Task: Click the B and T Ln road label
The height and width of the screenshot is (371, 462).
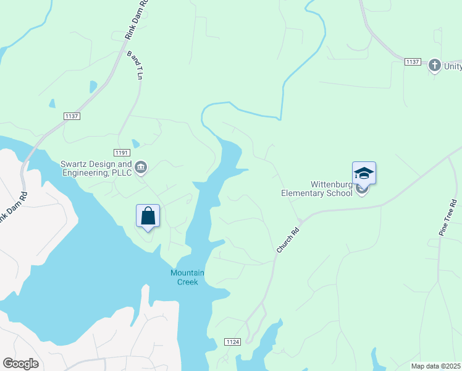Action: (135, 66)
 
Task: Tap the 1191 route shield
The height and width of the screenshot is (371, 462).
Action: (122, 152)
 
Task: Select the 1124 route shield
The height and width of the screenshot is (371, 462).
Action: (232, 342)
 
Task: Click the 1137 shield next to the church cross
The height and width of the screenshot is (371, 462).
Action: (413, 62)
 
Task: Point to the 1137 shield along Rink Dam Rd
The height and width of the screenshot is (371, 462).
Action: (72, 116)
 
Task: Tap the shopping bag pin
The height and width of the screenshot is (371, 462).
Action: (148, 216)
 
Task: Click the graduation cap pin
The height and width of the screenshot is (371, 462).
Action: (364, 173)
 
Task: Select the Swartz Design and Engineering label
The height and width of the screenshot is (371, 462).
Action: (96, 169)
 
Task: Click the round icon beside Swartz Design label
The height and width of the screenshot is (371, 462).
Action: (141, 167)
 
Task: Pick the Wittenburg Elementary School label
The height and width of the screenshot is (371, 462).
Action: (317, 189)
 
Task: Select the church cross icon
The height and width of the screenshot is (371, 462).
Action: (434, 66)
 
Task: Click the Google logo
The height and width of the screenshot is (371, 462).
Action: (20, 364)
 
